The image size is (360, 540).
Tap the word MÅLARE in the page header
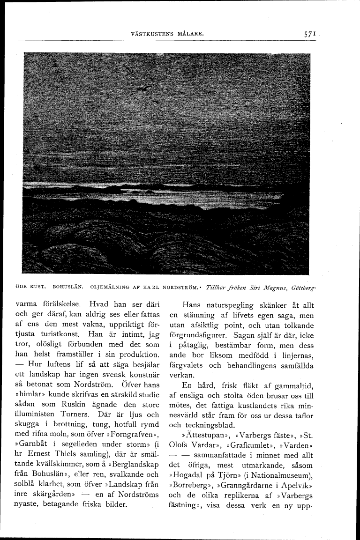189,34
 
